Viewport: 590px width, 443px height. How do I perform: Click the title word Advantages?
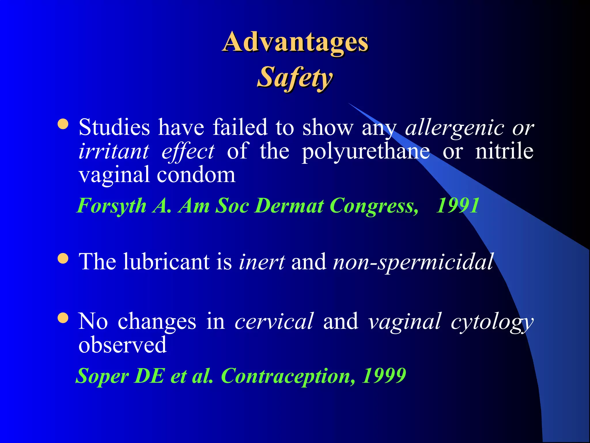296,43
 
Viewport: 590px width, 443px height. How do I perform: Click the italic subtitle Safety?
295,77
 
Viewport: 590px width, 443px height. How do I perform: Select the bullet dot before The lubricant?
63,258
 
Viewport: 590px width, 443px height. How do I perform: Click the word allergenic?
455,127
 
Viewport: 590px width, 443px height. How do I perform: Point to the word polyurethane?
366,151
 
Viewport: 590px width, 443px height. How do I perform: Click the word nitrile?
504,151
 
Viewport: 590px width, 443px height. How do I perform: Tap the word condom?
196,175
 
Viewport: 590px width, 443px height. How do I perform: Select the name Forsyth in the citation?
112,206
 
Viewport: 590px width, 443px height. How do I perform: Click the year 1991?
457,206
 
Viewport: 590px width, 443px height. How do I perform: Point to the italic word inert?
262,262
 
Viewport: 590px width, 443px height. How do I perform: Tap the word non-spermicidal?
413,262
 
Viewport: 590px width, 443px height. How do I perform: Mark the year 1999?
384,376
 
